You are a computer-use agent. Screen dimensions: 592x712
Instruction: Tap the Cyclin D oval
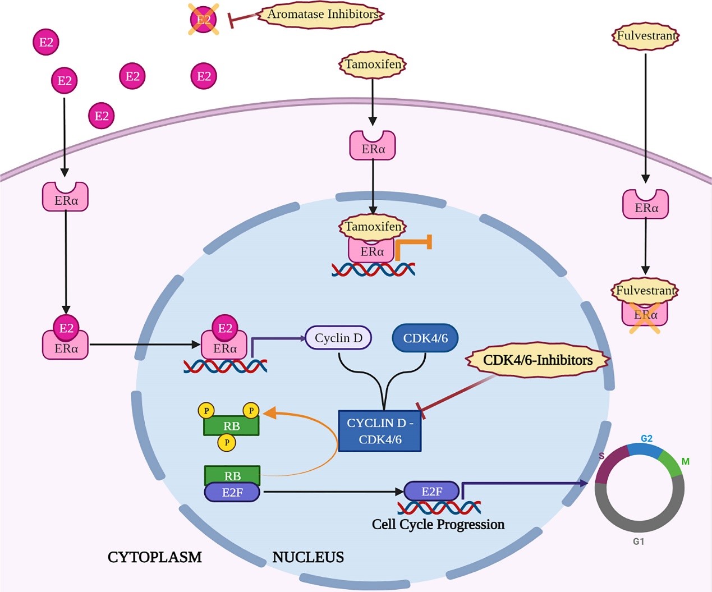338,338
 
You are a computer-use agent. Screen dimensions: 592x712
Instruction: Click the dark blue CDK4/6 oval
425,338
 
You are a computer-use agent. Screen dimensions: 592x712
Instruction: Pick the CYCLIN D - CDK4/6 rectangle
380,431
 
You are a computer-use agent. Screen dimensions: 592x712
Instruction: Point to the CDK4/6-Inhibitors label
538,360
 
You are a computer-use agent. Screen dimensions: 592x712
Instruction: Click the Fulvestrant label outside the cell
646,36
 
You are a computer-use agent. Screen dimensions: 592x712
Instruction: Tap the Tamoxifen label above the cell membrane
373,65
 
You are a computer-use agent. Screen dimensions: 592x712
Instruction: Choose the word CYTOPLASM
155,557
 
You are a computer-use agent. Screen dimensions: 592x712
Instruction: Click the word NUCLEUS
308,557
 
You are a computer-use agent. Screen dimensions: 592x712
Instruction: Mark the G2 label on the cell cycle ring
646,438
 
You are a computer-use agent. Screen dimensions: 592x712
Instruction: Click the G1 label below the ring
638,541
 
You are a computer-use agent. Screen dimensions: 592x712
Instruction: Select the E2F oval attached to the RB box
232,493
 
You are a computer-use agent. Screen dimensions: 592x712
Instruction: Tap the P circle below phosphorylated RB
227,442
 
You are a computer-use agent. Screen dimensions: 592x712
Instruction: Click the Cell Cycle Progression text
438,524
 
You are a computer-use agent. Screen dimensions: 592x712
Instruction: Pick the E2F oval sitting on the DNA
432,492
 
